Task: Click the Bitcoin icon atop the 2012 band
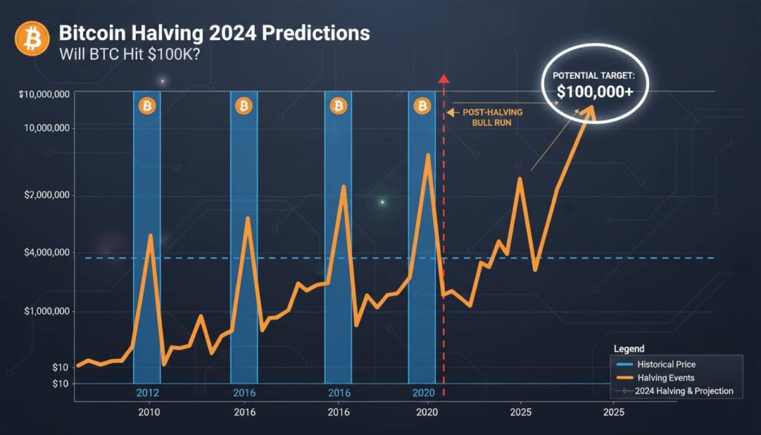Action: coord(147,107)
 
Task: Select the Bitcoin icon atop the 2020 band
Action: coord(422,107)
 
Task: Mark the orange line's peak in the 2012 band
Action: coord(151,236)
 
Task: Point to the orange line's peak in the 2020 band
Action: coord(427,155)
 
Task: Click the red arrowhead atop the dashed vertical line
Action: coord(444,78)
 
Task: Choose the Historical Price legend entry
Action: coord(665,364)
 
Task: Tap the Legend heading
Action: coord(629,349)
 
